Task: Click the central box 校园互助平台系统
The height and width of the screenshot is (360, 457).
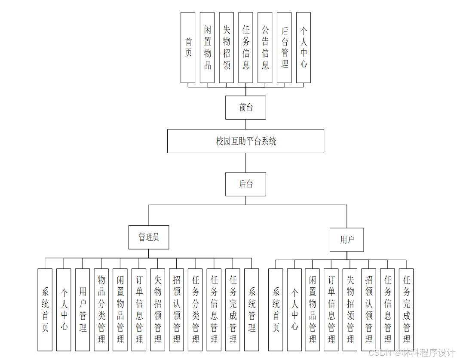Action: pyautogui.click(x=245, y=141)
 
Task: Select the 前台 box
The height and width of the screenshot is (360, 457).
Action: pyautogui.click(x=245, y=108)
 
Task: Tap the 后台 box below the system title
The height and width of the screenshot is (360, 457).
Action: pyautogui.click(x=245, y=184)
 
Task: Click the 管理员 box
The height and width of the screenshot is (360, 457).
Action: pyautogui.click(x=149, y=237)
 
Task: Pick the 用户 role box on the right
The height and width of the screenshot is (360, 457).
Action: pyautogui.click(x=347, y=240)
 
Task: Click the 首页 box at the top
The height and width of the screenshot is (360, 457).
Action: pyautogui.click(x=188, y=47)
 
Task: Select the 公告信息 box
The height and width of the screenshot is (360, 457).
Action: pyautogui.click(x=265, y=47)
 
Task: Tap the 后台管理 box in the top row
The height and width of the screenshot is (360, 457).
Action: pyautogui.click(x=284, y=47)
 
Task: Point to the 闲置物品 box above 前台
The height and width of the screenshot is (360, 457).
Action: pyautogui.click(x=207, y=47)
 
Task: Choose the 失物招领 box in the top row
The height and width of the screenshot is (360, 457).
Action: pyautogui.click(x=227, y=47)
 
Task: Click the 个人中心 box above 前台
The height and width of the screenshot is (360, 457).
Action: pyautogui.click(x=304, y=47)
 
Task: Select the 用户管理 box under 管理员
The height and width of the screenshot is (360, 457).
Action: pyautogui.click(x=83, y=310)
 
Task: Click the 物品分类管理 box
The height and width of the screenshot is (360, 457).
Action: pyautogui.click(x=101, y=310)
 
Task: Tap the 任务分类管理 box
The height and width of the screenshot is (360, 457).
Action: pyautogui.click(x=195, y=310)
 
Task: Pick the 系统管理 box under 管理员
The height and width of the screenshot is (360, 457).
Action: pyautogui.click(x=252, y=310)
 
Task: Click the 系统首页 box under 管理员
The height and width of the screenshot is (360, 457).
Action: pyautogui.click(x=45, y=310)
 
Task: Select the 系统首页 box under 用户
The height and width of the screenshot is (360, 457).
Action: pyautogui.click(x=276, y=310)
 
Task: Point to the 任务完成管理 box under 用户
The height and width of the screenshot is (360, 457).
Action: pyautogui.click(x=406, y=310)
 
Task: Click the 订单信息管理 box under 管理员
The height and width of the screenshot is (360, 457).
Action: pyautogui.click(x=139, y=310)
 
